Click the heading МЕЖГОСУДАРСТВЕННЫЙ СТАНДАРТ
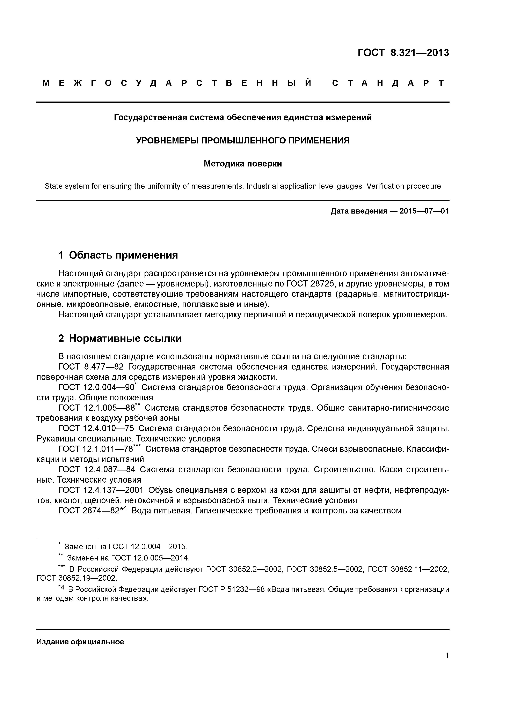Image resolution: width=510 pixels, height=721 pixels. pyautogui.click(x=243, y=83)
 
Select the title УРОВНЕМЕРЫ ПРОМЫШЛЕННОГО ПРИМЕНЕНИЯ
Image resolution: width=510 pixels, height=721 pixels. pyautogui.click(x=243, y=140)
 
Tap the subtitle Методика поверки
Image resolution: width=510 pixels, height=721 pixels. pyautogui.click(x=243, y=164)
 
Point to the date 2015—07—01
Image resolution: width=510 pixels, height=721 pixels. pyautogui.click(x=424, y=211)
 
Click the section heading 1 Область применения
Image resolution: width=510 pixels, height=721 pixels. pyautogui.click(x=118, y=255)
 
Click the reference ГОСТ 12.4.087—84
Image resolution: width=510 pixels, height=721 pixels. pyautogui.click(x=97, y=469)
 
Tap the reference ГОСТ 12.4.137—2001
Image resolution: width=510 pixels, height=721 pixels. pyautogui.click(x=101, y=490)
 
